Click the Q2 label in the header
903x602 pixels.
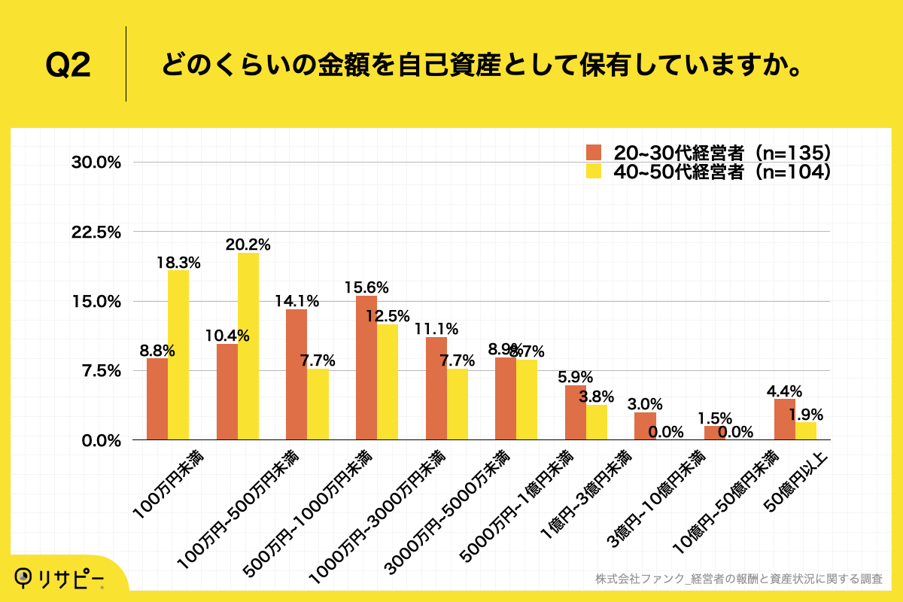tap(68, 66)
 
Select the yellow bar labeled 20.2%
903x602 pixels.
tap(248, 346)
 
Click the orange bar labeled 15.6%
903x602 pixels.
tap(366, 368)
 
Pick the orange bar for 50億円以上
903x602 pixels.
tap(785, 419)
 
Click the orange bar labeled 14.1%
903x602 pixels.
tap(296, 375)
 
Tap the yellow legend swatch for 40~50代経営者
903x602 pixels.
tap(594, 172)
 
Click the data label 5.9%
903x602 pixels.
tap(576, 377)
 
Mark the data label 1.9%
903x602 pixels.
tap(806, 414)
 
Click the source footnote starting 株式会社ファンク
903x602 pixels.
tap(738, 579)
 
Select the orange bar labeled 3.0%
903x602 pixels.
tap(645, 426)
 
